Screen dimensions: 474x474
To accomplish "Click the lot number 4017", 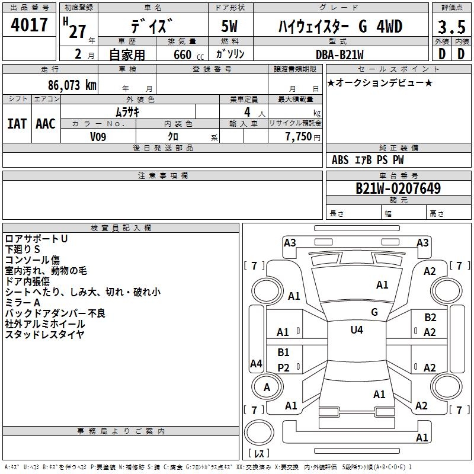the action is click(x=29, y=25).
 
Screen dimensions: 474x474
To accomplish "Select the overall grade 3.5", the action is click(x=451, y=27).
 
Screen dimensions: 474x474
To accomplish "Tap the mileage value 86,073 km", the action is click(x=72, y=85).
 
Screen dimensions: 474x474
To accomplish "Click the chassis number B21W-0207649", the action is click(x=398, y=188).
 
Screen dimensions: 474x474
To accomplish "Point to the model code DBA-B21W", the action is click(x=340, y=55).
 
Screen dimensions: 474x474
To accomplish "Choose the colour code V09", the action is click(x=98, y=137).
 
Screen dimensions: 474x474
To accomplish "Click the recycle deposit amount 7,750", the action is click(x=299, y=137).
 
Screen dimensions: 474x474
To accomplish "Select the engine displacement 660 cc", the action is click(x=188, y=55).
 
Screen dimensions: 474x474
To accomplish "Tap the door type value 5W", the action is click(x=229, y=26).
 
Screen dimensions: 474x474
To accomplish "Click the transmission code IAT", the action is click(x=17, y=124).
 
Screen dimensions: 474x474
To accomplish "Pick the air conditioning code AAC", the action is click(x=46, y=124).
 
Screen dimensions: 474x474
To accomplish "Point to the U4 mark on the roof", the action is click(x=357, y=330).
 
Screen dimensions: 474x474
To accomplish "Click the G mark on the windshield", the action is click(x=374, y=312).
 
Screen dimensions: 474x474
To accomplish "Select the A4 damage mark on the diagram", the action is click(x=256, y=363).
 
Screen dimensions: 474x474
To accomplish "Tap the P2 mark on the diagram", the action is click(x=284, y=367).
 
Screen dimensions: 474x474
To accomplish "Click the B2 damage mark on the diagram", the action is click(x=430, y=318).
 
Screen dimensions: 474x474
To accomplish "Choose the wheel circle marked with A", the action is click(x=267, y=387).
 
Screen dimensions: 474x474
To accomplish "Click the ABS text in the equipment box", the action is click(x=340, y=160).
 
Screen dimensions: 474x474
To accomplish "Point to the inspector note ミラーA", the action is click(x=23, y=303).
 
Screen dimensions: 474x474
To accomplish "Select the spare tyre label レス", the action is click(x=259, y=453).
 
